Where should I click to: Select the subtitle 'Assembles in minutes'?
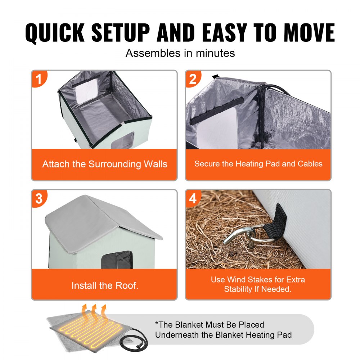point(180,53)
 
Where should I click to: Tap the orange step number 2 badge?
point(193,78)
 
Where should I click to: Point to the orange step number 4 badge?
point(193,198)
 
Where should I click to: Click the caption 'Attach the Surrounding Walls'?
point(104,164)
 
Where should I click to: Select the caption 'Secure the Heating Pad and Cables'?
point(258,164)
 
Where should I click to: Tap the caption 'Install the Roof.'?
point(104,285)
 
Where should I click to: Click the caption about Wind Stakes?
point(258,284)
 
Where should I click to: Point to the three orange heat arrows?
point(94,311)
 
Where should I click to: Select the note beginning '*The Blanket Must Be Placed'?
point(223,330)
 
